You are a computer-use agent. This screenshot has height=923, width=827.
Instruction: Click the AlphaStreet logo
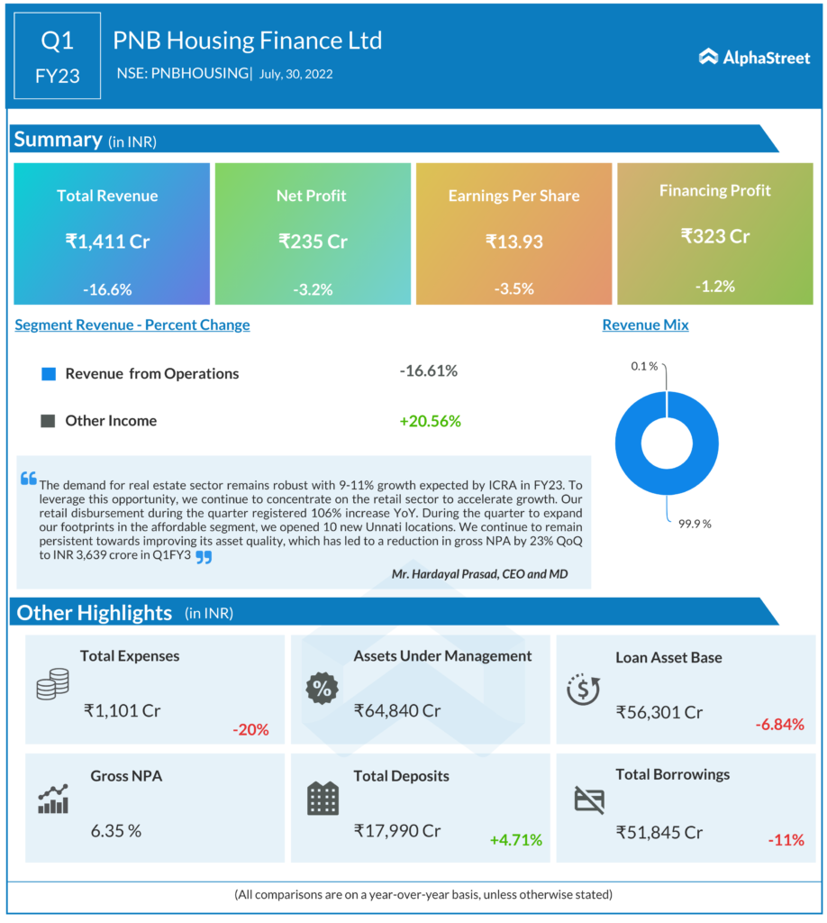(754, 57)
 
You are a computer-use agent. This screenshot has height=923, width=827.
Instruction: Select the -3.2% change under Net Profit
(313, 289)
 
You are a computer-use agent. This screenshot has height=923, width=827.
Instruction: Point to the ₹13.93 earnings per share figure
(513, 241)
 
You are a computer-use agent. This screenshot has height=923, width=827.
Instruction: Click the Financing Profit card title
(714, 190)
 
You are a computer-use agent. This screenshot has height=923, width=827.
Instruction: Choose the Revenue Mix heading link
(645, 324)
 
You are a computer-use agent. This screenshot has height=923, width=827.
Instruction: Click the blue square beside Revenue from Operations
(49, 373)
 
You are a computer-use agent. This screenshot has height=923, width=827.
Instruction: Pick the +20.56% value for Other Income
(430, 420)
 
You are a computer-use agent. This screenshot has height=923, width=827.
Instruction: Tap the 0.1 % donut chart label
(643, 366)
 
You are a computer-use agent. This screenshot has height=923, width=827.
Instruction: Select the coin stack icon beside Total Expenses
(52, 684)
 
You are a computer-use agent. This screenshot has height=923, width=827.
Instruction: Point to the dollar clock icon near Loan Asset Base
(583, 690)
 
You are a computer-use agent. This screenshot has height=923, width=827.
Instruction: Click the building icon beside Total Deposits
(323, 799)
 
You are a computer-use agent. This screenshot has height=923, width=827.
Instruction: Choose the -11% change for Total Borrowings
(786, 840)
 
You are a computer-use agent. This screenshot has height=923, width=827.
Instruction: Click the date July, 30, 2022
(295, 74)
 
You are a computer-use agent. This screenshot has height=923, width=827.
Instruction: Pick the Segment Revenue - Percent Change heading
(132, 324)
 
